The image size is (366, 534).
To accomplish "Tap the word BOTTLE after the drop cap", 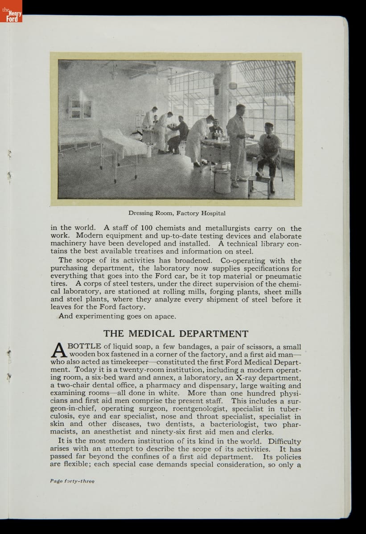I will pos(84,347).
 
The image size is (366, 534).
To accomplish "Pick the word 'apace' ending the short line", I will pos(164,316).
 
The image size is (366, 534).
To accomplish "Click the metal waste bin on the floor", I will pos(222,180).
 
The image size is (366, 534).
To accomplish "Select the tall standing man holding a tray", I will pos(236,142).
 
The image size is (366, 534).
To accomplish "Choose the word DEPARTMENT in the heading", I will pos(214,334).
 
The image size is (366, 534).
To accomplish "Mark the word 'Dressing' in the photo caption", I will pos(142,213).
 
